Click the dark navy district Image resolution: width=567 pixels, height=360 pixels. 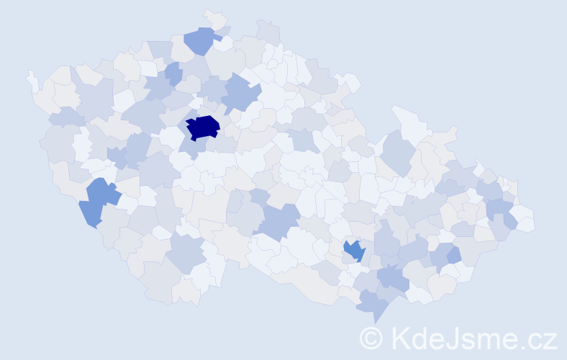point(202,127)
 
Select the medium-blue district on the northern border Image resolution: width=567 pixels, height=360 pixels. point(201,40)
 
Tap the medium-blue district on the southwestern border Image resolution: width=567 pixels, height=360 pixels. point(97,202)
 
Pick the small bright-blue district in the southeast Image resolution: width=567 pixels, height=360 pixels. point(354,251)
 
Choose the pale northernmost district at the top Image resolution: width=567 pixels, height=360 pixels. point(213,19)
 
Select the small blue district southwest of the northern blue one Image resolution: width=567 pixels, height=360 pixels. point(173,72)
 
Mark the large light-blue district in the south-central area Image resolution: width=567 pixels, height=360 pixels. point(277,220)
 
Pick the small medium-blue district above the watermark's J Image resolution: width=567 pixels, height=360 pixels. point(453,255)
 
